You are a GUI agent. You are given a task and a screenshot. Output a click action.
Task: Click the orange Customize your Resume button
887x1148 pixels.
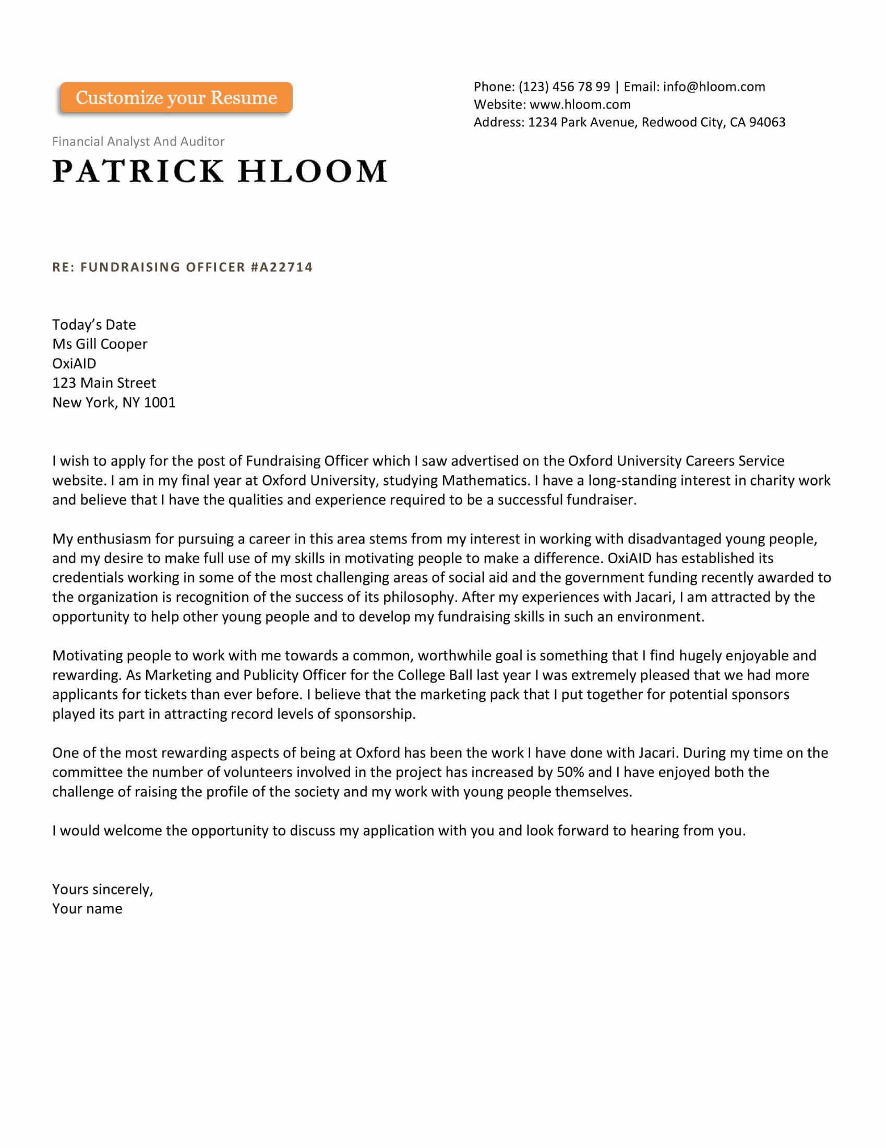pyautogui.click(x=176, y=98)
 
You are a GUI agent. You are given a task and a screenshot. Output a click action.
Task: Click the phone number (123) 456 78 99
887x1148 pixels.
pyautogui.click(x=565, y=87)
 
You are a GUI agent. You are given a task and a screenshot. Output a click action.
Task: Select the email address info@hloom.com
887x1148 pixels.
pyautogui.click(x=714, y=87)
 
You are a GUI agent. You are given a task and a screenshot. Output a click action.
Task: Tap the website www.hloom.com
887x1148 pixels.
pyautogui.click(x=580, y=104)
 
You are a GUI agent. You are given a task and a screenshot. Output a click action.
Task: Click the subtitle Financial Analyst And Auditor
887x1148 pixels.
pyautogui.click(x=138, y=141)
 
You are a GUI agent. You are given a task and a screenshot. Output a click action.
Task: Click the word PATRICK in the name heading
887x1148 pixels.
pyautogui.click(x=138, y=171)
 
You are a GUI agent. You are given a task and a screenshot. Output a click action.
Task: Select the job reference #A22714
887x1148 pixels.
pyautogui.click(x=282, y=267)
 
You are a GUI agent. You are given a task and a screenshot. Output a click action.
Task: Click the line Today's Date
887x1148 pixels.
pyautogui.click(x=94, y=325)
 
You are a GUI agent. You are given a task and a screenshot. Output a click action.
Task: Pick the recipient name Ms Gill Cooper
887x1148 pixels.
pyautogui.click(x=100, y=344)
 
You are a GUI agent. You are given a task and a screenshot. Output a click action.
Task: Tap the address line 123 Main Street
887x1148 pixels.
pyautogui.click(x=104, y=383)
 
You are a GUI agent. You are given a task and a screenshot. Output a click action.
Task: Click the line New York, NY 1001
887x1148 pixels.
pyautogui.click(x=114, y=403)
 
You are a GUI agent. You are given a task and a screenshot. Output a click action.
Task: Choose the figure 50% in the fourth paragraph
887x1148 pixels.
pyautogui.click(x=570, y=772)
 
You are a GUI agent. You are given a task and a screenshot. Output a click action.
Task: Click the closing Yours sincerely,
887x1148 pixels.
pyautogui.click(x=102, y=889)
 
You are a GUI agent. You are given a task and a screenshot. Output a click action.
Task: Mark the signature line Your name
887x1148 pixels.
pyautogui.click(x=87, y=909)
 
